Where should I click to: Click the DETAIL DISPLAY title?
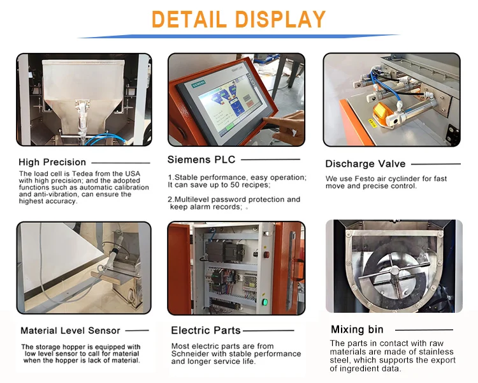coord(239,19)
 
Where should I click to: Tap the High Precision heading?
coord(52,162)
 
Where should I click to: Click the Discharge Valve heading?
coord(365,164)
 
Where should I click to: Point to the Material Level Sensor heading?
coord(71,331)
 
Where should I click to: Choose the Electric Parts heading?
coord(206,331)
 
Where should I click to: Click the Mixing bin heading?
coord(357,329)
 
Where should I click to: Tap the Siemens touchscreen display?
coord(226,105)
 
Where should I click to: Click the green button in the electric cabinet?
coord(264,301)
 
